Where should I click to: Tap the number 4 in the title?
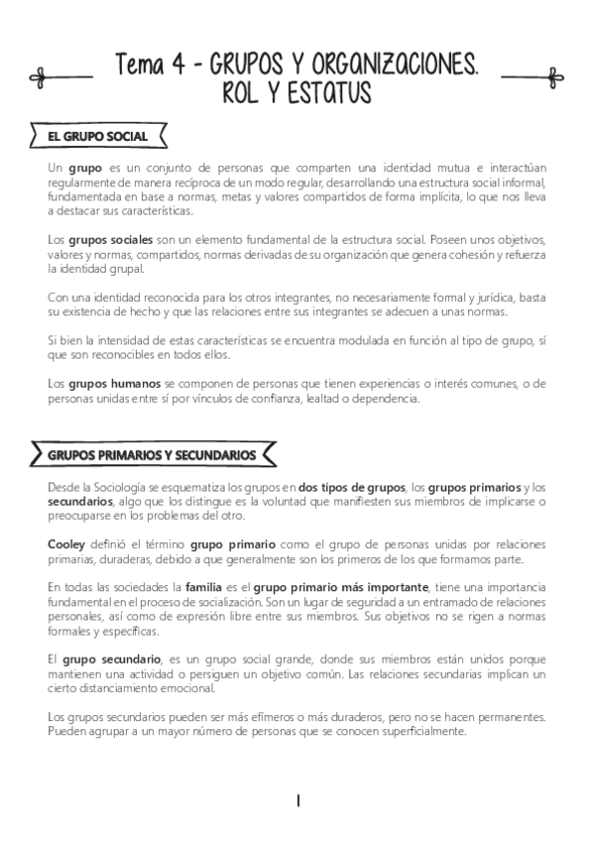pyautogui.click(x=176, y=66)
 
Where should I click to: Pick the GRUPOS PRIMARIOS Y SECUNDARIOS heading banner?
pyautogui.click(x=151, y=455)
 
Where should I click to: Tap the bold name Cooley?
pyautogui.click(x=65, y=544)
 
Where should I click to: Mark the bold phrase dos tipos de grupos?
pyautogui.click(x=351, y=486)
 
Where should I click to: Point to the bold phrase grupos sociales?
pyautogui.click(x=102, y=240)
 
